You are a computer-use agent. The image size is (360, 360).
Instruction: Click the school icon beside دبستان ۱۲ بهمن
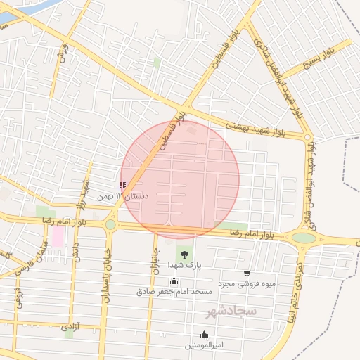pos(122,186)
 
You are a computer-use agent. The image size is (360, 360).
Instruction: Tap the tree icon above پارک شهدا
pos(184,254)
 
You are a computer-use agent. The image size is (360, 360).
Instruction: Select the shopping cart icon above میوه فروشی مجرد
pos(246,274)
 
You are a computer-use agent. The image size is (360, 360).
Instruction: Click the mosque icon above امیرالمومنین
pos(204,335)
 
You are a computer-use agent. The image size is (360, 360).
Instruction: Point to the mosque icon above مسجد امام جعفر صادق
pos(174,281)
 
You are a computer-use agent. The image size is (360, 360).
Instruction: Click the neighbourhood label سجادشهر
pos(232,310)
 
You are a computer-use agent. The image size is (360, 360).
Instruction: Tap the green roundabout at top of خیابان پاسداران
pos(110,224)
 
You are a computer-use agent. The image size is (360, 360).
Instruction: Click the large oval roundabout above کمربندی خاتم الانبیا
pos(304,238)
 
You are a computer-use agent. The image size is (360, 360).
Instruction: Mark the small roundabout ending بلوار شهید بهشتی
pos(307,137)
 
